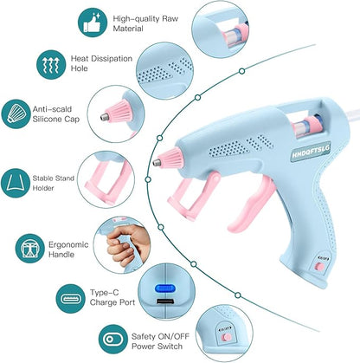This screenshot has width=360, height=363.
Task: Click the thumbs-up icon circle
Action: tap(99, 23)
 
